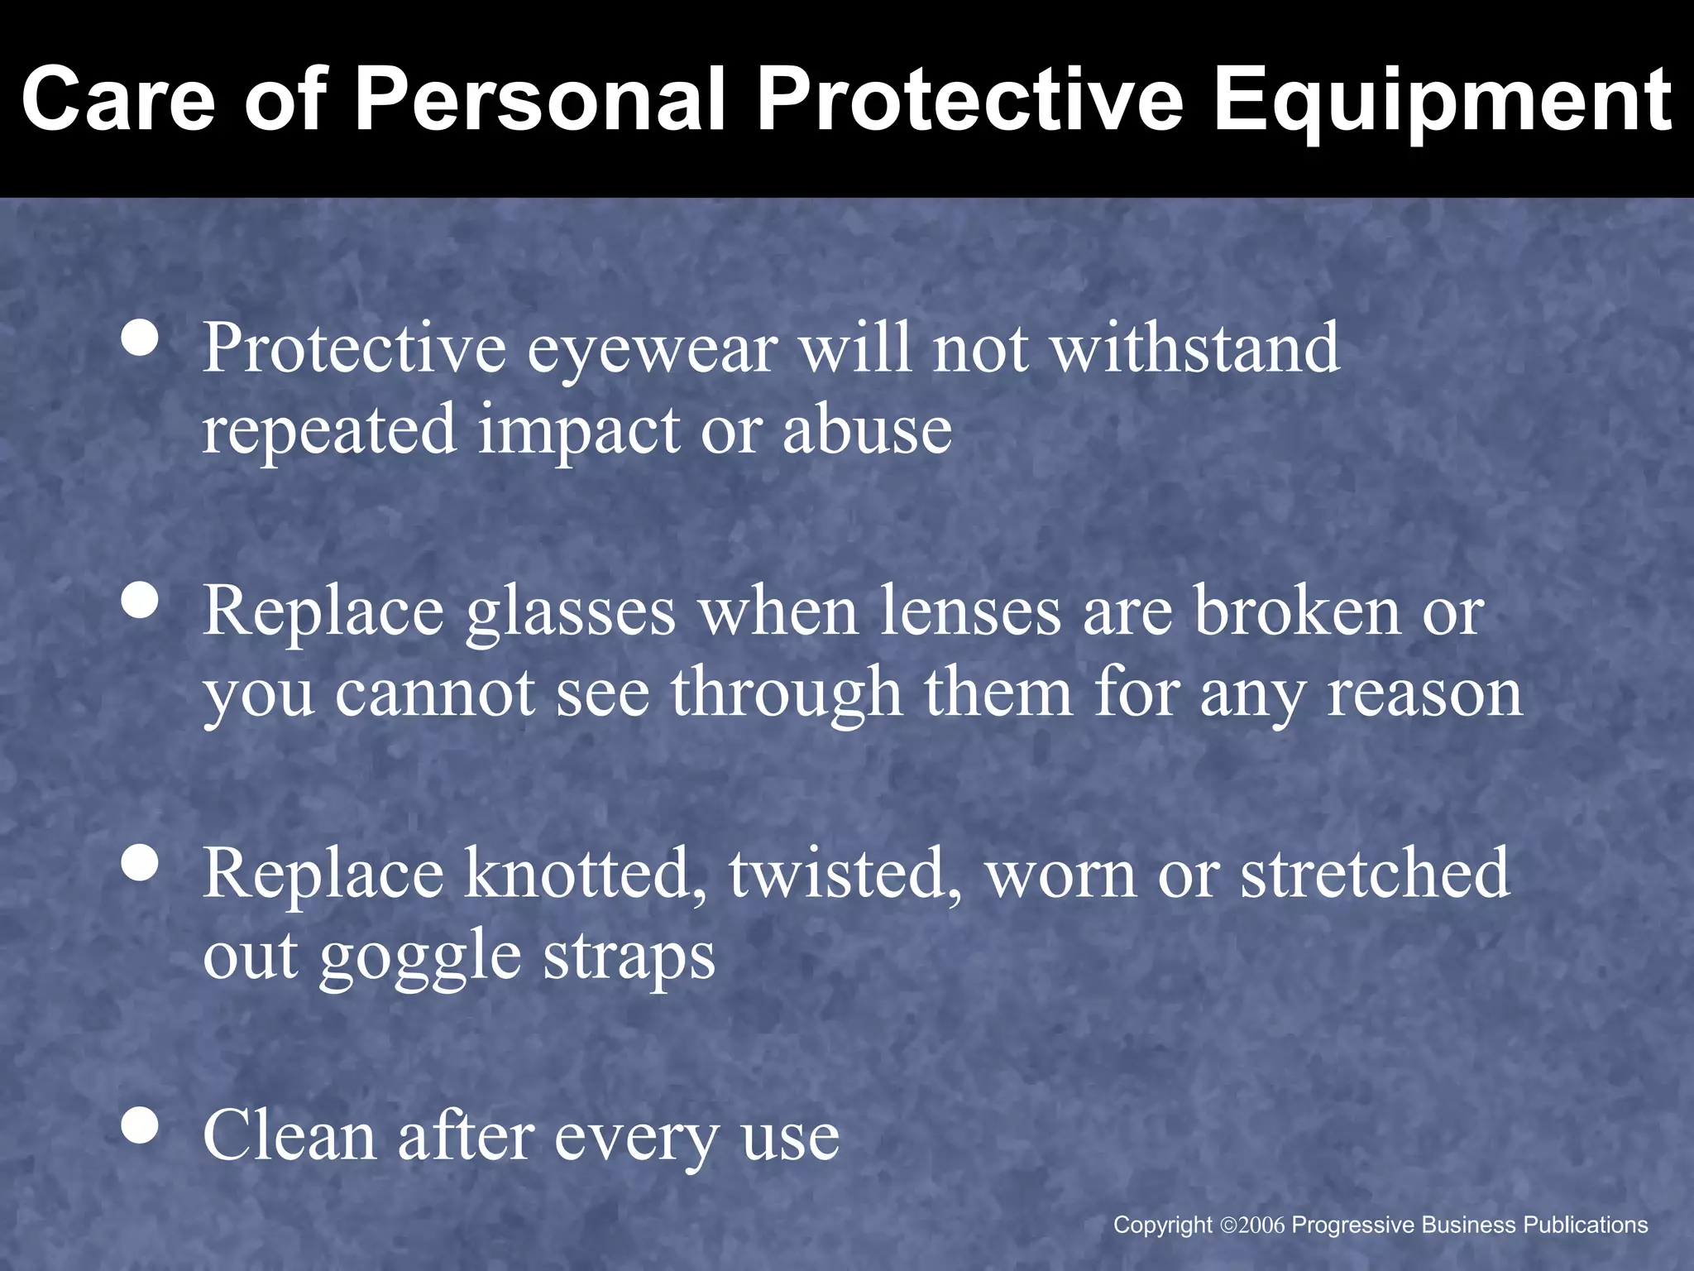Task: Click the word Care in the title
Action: coord(117,101)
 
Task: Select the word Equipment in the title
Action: coord(1442,101)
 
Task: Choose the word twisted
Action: coord(845,874)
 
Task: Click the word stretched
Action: coord(1375,874)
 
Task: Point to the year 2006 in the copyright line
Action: coord(1262,1225)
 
